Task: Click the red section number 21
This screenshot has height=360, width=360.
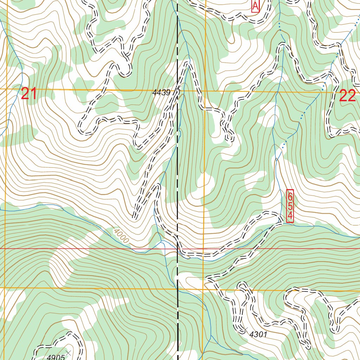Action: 29,94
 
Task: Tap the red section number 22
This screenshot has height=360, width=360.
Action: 347,96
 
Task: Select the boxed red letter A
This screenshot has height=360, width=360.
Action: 256,6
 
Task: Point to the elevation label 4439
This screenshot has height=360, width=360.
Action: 161,92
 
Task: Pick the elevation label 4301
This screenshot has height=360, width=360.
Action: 258,335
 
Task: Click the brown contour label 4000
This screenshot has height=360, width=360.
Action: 121,236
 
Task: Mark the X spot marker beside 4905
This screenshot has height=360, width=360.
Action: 69,352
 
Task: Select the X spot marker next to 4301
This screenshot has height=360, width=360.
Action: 245,329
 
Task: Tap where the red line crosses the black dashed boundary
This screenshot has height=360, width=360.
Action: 178,249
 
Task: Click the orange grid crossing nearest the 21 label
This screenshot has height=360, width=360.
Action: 6,89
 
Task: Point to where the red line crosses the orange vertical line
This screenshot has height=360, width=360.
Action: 204,249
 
